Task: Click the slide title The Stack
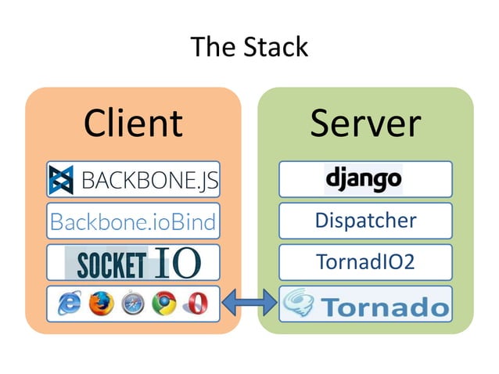249,48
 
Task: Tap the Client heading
133,123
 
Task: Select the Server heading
365,123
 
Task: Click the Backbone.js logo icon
61,180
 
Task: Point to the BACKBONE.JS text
149,181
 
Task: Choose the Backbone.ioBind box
132,221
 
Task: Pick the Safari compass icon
131,303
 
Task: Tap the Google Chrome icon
163,303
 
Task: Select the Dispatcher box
365,221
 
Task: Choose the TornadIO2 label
365,262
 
